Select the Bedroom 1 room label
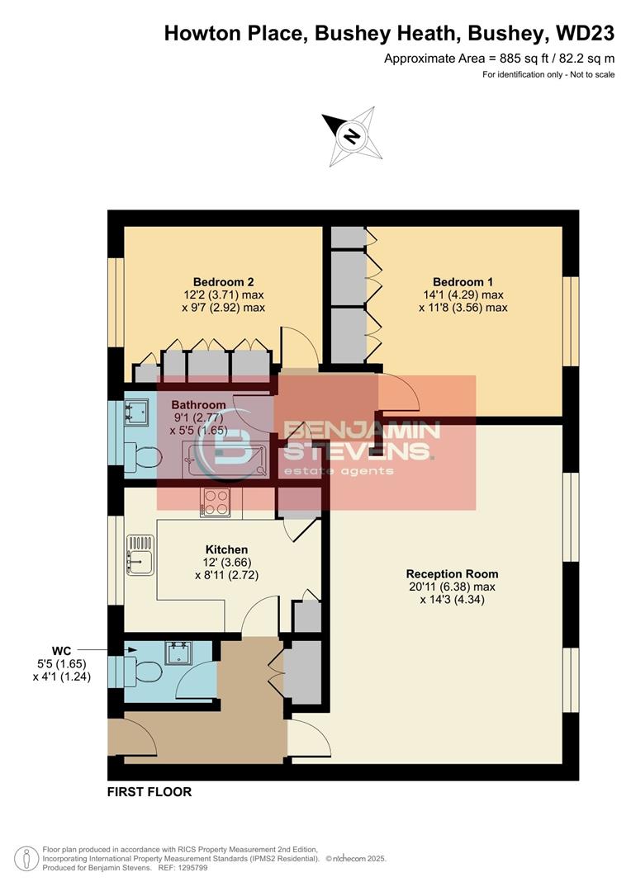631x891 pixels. [464, 280]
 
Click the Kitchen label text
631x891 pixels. [226, 549]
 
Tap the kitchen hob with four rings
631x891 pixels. [216, 502]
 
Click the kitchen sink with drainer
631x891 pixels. [140, 553]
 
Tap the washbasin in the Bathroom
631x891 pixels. [135, 410]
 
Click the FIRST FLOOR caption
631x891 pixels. [149, 792]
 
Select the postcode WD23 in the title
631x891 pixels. [584, 33]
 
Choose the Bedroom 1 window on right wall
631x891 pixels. [568, 321]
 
